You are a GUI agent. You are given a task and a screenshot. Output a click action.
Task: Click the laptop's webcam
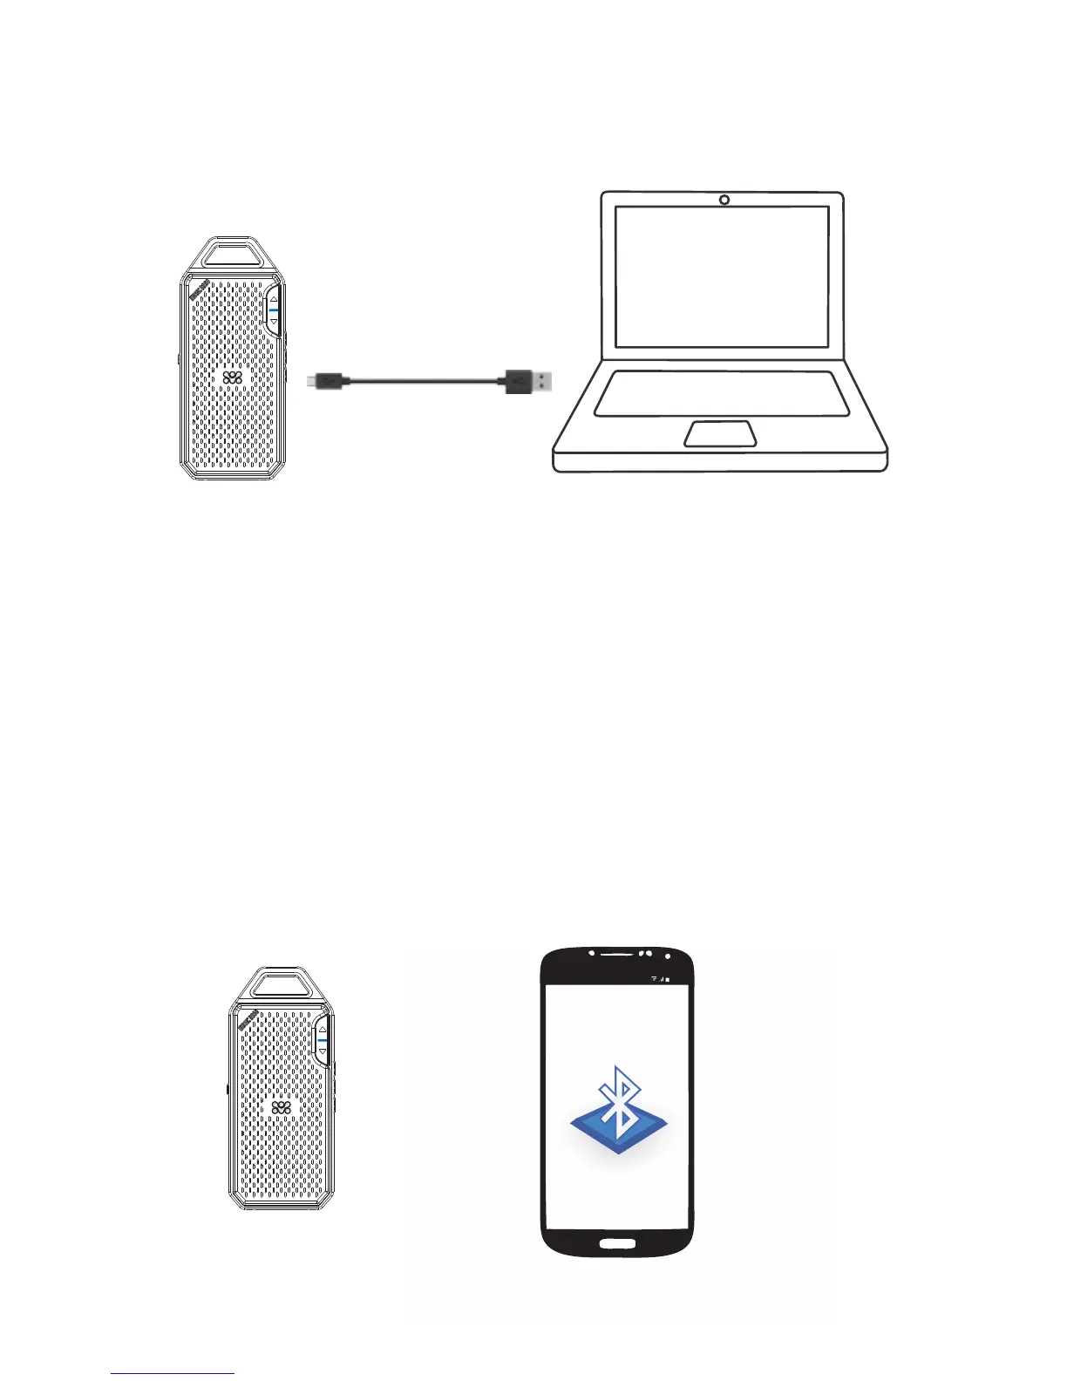pyautogui.click(x=724, y=201)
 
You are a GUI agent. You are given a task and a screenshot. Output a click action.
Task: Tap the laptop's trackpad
pyautogui.click(x=720, y=433)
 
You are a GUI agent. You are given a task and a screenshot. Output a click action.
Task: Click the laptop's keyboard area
pyautogui.click(x=722, y=393)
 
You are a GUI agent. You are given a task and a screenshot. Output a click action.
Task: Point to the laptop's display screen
pyautogui.click(x=722, y=276)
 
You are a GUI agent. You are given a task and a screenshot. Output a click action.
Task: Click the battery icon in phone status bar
pyautogui.click(x=669, y=979)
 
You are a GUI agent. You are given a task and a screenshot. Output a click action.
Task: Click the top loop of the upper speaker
pyautogui.click(x=232, y=253)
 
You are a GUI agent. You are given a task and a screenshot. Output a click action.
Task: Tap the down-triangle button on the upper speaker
pyautogui.click(x=274, y=321)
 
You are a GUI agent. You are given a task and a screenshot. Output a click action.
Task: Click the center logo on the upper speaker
pyautogui.click(x=232, y=378)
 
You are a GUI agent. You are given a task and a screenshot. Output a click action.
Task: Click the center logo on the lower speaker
pyautogui.click(x=281, y=1107)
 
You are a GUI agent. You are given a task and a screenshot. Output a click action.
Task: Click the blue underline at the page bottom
pyautogui.click(x=173, y=1374)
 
